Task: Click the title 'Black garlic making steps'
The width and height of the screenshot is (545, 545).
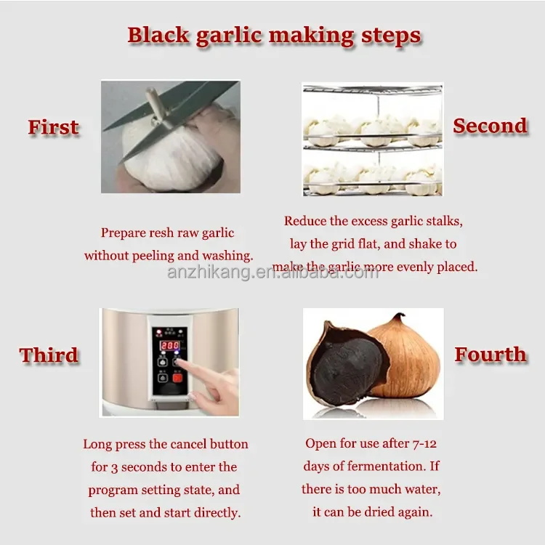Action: click(274, 35)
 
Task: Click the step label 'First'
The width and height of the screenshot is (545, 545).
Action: click(53, 127)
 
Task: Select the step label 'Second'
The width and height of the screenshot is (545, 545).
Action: click(490, 126)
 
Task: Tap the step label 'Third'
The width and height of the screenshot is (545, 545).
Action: click(49, 355)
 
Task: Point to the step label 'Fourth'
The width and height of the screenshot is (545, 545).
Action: click(490, 355)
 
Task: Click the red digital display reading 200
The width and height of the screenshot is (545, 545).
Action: click(169, 345)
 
